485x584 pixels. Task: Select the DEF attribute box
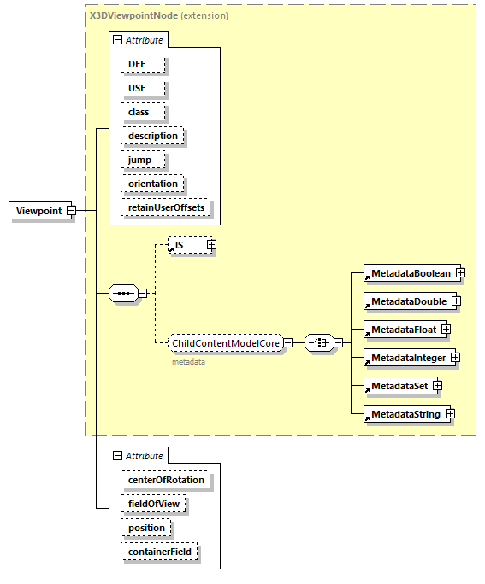pyautogui.click(x=143, y=64)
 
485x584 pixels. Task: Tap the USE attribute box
pyautogui.click(x=143, y=88)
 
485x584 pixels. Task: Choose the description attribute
pyautogui.click(x=152, y=136)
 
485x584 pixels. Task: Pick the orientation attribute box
pyautogui.click(x=152, y=184)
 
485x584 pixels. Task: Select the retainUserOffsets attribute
pyautogui.click(x=166, y=207)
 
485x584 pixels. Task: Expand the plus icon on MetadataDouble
pyautogui.click(x=456, y=301)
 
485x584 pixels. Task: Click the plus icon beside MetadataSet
pyautogui.click(x=437, y=386)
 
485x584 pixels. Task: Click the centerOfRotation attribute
pyautogui.click(x=166, y=480)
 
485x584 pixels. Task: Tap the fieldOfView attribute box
pyautogui.click(x=154, y=504)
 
